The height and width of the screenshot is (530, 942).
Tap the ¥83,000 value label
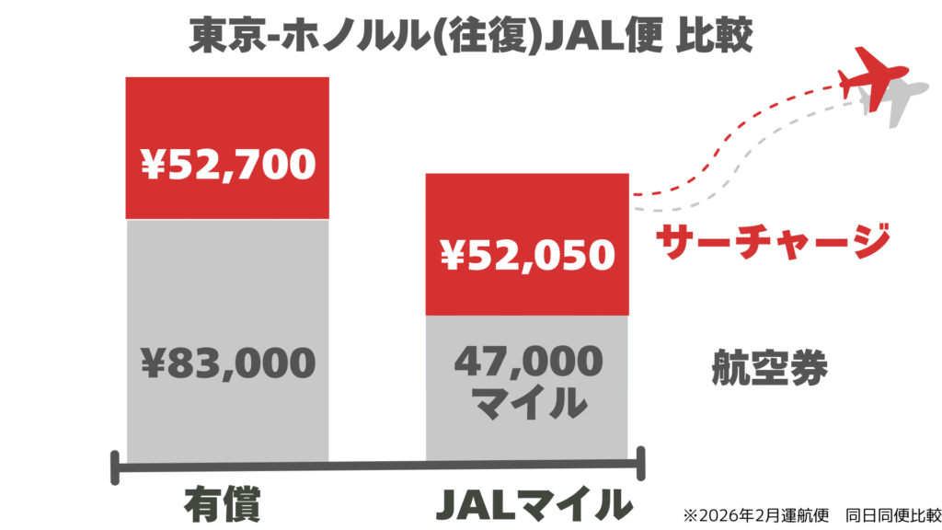[x=227, y=363]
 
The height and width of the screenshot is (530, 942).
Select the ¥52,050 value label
[x=526, y=256]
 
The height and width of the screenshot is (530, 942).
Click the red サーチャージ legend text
[x=773, y=241]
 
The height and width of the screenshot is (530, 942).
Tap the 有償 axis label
[x=222, y=503]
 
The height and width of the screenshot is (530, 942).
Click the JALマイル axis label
[x=534, y=503]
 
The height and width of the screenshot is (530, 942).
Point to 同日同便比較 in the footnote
[x=889, y=513]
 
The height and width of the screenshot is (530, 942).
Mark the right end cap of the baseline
[x=641, y=466]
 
